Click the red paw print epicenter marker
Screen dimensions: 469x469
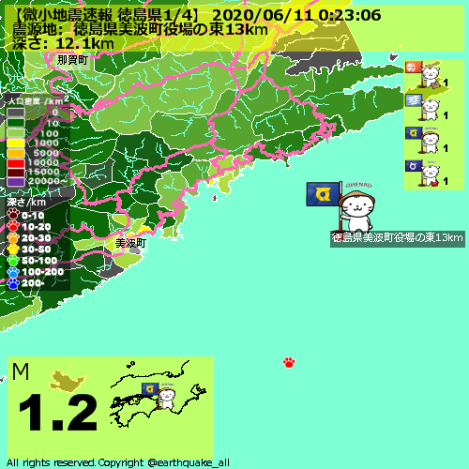(289, 362)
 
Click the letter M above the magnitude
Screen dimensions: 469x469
(22, 372)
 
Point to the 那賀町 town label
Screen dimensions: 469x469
(71, 60)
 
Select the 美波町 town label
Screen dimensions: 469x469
(130, 243)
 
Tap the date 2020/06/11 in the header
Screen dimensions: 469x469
(255, 15)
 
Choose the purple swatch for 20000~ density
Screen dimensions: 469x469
(16, 181)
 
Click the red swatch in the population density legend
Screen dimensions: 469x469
(16, 162)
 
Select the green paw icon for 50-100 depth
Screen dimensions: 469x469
(13, 260)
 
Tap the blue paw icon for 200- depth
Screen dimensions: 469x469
(13, 281)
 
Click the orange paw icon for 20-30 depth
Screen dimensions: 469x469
(13, 238)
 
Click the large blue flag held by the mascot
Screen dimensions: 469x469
(324, 194)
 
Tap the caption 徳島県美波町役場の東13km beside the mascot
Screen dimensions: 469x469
(398, 238)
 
